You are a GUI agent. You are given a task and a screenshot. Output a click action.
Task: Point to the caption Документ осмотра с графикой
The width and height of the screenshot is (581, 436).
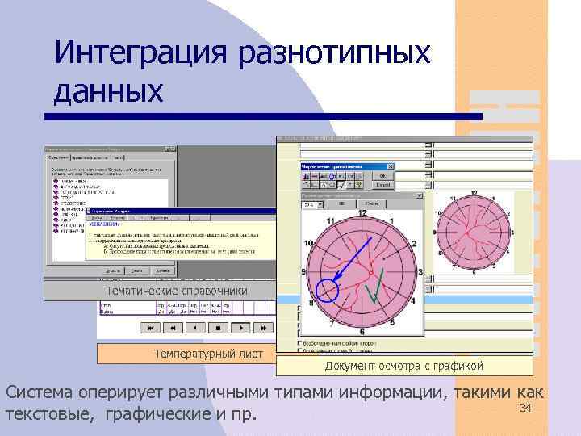click(404, 366)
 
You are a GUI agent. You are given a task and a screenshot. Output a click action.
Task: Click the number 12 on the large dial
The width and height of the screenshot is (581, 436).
click(362, 213)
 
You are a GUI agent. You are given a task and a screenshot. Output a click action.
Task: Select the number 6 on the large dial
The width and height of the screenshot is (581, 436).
click(362, 331)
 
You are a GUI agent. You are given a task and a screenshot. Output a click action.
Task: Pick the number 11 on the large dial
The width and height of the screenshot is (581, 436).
click(331, 221)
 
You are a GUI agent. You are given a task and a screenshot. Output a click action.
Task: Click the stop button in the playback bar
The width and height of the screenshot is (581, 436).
click(217, 328)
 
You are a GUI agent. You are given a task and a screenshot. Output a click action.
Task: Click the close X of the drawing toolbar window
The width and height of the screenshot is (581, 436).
click(391, 167)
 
